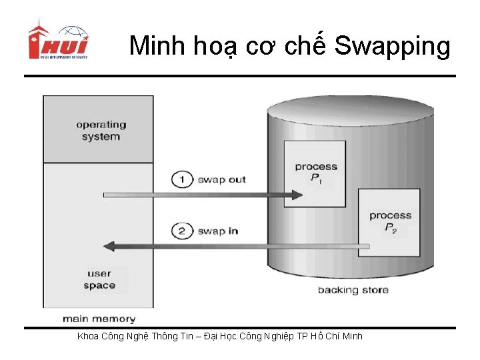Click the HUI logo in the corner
pyautogui.click(x=58, y=41)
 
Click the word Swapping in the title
pyautogui.click(x=392, y=46)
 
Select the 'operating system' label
pyautogui.click(x=101, y=131)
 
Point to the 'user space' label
pyautogui.click(x=99, y=280)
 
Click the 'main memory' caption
pyautogui.click(x=99, y=319)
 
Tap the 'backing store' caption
pyautogui.click(x=353, y=290)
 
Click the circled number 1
pyautogui.click(x=181, y=179)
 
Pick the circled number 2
pyautogui.click(x=181, y=231)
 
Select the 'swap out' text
pyautogui.click(x=221, y=179)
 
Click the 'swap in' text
pyautogui.click(x=217, y=231)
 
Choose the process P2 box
pyautogui.click(x=390, y=221)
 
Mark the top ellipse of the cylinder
pyautogui.click(x=350, y=110)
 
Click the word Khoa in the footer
pyautogui.click(x=90, y=336)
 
